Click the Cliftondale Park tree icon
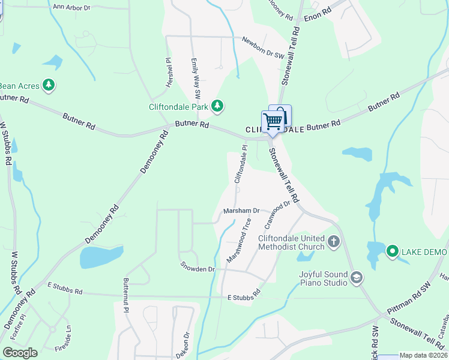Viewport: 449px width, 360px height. coord(217,107)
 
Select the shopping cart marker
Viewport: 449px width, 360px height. coord(273,122)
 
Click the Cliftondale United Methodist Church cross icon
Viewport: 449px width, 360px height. coord(334,242)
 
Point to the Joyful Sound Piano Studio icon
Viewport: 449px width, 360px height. coord(357,277)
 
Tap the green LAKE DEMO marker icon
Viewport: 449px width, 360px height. coord(393,250)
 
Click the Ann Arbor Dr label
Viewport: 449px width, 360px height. coord(71,7)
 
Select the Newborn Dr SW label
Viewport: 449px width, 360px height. coord(262,48)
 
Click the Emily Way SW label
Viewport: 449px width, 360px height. coord(196,79)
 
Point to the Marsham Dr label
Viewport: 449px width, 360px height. coord(241,211)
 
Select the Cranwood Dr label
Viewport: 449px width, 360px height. coord(277,215)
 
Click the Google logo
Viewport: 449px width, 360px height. coord(20,353)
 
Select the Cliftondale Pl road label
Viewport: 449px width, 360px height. coord(240,164)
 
